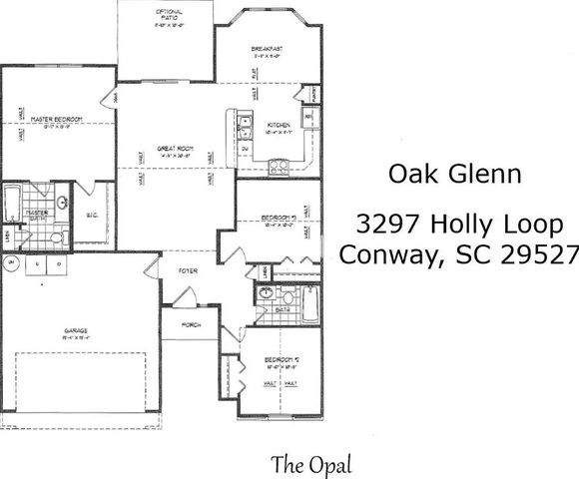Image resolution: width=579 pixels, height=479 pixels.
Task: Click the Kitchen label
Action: [x=278, y=125]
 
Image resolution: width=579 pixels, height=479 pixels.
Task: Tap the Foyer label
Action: [x=188, y=269]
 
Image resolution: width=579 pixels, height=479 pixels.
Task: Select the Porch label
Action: [x=192, y=324]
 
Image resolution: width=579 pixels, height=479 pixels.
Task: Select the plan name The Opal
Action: [x=311, y=463]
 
